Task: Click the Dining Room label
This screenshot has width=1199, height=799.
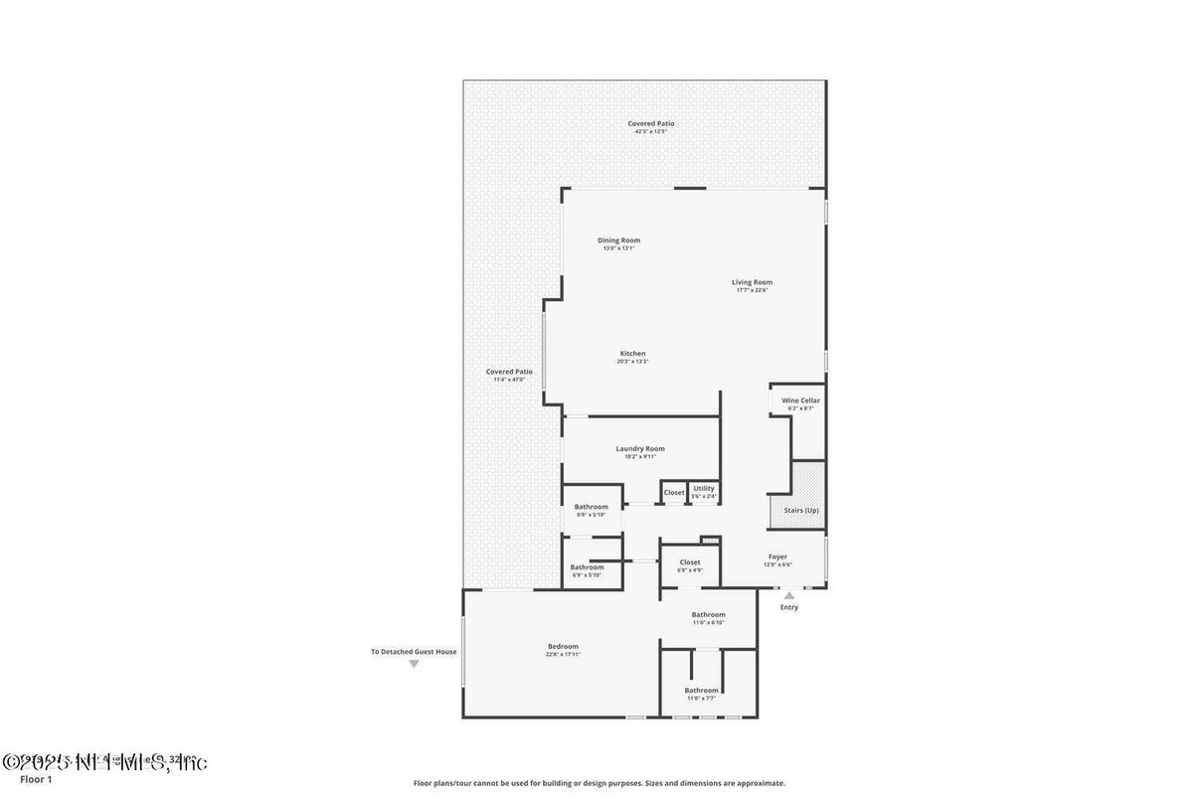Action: [618, 240]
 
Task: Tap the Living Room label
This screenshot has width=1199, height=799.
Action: [752, 281]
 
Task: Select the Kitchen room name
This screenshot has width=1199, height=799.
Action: [632, 353]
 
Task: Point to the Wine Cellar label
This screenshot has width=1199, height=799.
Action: [800, 400]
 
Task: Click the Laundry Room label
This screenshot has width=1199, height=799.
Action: [639, 448]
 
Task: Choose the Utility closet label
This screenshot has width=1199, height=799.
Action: [703, 488]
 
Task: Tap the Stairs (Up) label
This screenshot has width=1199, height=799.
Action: [800, 510]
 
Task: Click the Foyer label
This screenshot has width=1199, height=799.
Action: [777, 557]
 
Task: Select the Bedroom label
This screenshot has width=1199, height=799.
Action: [563, 646]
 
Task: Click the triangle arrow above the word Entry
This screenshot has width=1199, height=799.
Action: [789, 595]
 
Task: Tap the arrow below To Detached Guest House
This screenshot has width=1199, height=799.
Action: [414, 663]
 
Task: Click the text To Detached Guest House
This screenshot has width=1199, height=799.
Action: [414, 652]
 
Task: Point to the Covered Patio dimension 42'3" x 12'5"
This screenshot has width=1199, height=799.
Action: [651, 131]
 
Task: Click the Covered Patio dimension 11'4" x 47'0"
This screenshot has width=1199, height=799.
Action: [509, 379]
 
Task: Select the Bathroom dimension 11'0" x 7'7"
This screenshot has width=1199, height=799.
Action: [701, 698]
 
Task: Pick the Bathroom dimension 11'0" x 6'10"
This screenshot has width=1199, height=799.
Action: [709, 622]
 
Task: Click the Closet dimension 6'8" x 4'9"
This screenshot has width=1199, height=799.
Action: [690, 569]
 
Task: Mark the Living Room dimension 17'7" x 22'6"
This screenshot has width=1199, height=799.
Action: [752, 289]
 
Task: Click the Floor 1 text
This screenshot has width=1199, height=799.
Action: [36, 779]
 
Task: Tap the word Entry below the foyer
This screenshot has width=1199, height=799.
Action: [788, 607]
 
